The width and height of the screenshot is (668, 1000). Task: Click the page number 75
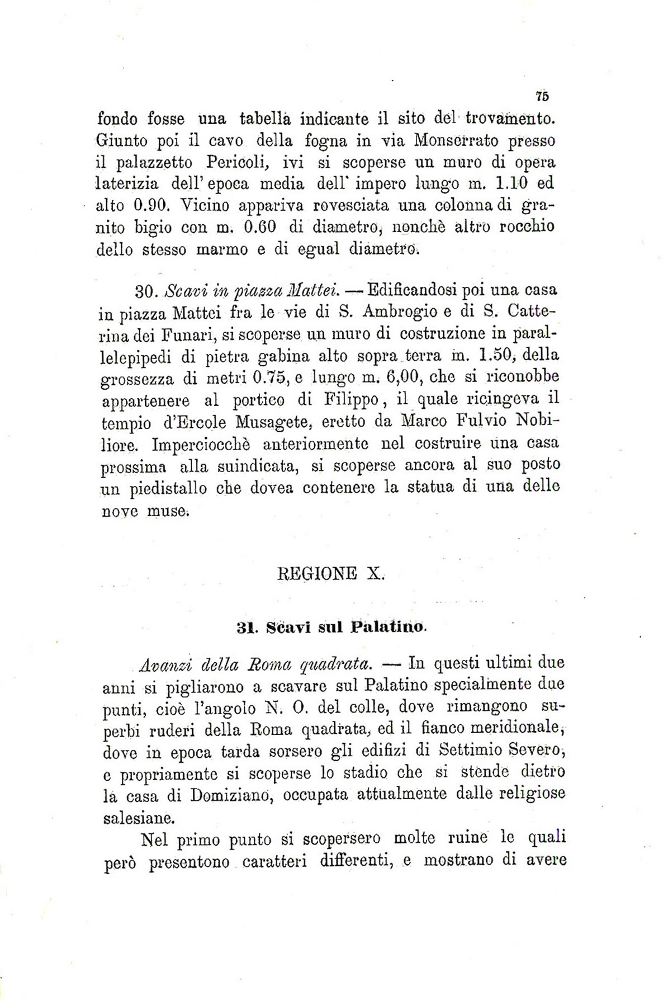(x=542, y=96)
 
